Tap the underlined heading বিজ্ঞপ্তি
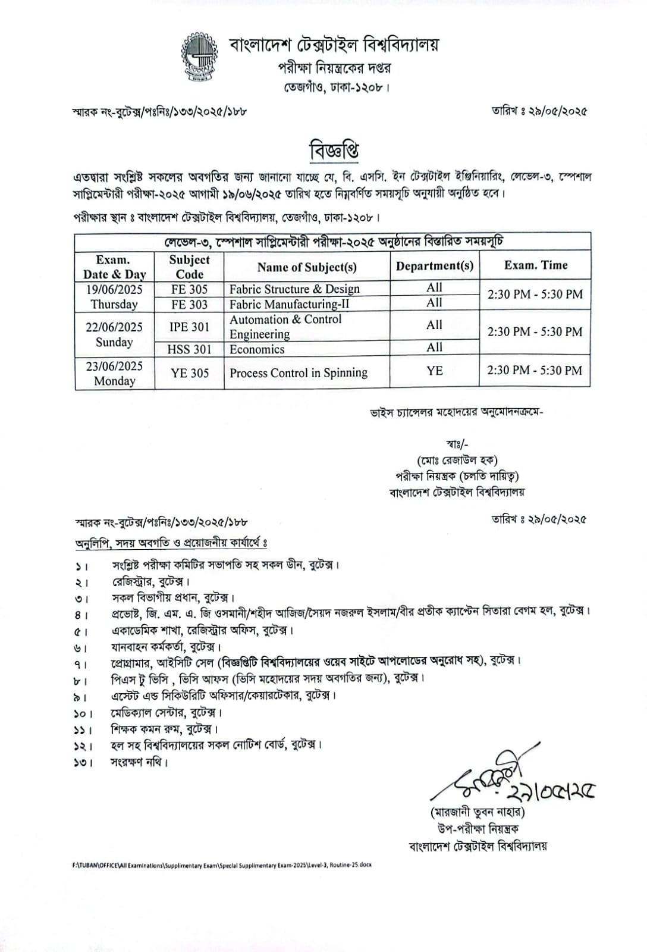tap(334, 150)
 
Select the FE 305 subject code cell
tap(189, 289)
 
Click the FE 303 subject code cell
tap(189, 304)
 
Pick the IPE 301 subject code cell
tap(189, 327)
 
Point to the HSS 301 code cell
tap(189, 349)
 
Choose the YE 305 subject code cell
tap(189, 373)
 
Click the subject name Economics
tap(257, 349)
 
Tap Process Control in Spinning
tap(299, 373)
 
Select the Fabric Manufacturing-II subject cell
tap(290, 304)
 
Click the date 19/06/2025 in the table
tap(114, 289)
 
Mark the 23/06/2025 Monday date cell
tap(114, 373)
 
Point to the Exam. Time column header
tap(535, 265)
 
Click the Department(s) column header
tap(435, 266)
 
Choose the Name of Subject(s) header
tap(307, 267)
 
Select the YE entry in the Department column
tap(435, 371)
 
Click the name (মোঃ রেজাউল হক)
tap(457, 460)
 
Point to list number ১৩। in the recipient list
tap(83, 762)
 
